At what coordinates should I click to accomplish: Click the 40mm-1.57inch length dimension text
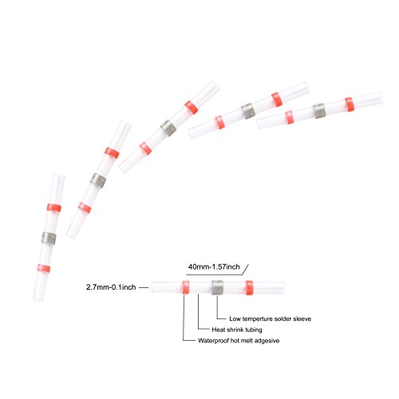[x=214, y=267]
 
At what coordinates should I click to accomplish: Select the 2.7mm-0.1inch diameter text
[x=111, y=287]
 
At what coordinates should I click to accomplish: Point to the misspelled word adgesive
[x=267, y=341]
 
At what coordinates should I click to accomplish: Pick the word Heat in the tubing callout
[x=218, y=330]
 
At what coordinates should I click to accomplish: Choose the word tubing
[x=254, y=330]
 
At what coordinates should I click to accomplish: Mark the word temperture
[x=257, y=319]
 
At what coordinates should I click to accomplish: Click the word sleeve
[x=302, y=318]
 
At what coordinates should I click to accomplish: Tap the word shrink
[x=235, y=330]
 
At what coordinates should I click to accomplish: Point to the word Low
[x=235, y=318]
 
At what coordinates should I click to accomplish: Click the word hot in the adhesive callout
[x=235, y=341]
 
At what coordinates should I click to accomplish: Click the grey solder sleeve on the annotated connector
[x=217, y=287]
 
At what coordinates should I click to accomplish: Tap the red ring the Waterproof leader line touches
[x=186, y=287]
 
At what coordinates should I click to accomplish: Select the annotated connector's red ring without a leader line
[x=249, y=287]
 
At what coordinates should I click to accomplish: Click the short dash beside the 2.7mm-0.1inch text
[x=144, y=287]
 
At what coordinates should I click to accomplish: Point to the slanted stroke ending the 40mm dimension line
[x=245, y=269]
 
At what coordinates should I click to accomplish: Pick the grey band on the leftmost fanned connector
[x=49, y=238]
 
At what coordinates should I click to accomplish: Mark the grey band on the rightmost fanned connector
[x=319, y=111]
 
